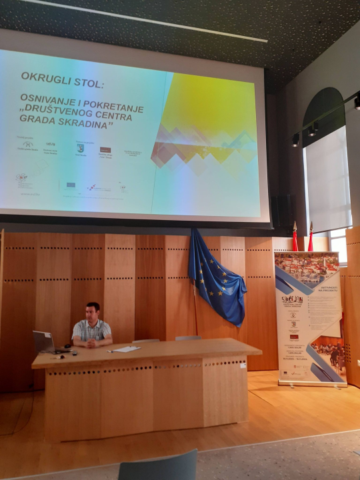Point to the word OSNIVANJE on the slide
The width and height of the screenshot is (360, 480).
point(48,98)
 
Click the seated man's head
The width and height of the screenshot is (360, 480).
point(93,311)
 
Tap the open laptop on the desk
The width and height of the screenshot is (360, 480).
point(44,343)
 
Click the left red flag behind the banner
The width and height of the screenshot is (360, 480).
point(295,239)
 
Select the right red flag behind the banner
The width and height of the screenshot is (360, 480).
point(311,239)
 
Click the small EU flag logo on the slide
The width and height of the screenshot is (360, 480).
point(71,185)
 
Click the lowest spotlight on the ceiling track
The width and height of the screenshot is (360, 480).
point(295,140)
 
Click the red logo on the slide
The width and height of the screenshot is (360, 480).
point(105,150)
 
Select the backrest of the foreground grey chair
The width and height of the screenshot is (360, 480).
point(159,467)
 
